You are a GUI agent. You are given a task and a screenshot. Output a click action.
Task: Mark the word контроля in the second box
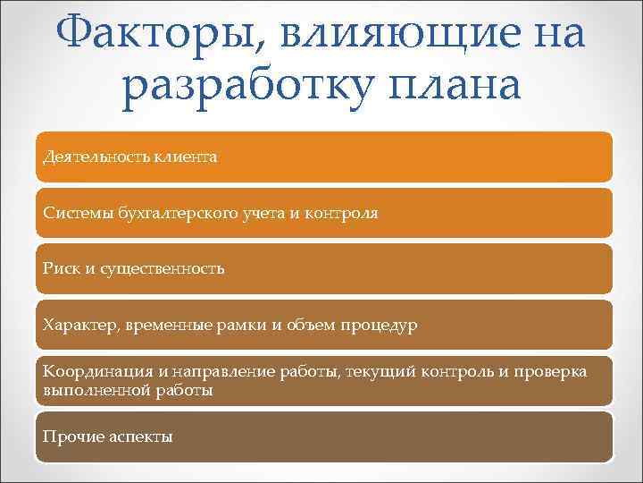(x=344, y=214)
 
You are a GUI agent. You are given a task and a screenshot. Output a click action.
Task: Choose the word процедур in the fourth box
(x=378, y=325)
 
